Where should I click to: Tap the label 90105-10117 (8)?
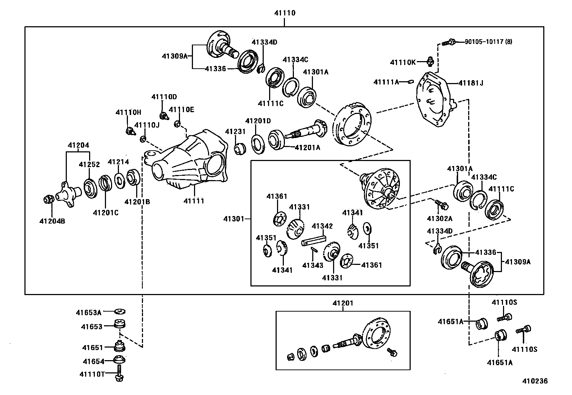coord(488,42)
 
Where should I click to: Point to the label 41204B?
coord(52,221)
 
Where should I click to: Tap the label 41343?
coord(313,265)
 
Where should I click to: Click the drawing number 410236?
coord(535,381)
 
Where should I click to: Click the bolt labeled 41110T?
coord(120,374)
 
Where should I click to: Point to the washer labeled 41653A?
coord(120,311)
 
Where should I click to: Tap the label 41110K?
coord(403,62)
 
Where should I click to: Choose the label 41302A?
coord(439,218)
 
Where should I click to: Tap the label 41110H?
coord(128,112)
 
